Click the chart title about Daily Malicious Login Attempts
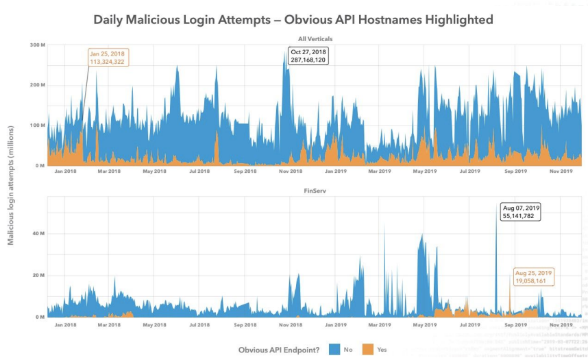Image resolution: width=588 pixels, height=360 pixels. [293, 20]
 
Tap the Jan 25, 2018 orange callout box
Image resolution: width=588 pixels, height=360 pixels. [108, 58]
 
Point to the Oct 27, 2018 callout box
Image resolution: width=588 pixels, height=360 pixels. [308, 56]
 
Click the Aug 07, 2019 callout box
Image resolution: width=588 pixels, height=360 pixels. [522, 211]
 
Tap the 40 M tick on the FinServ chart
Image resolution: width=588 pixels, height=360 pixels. [38, 234]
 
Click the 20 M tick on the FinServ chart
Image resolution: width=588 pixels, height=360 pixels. [38, 276]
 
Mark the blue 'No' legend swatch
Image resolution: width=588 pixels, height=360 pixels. [334, 349]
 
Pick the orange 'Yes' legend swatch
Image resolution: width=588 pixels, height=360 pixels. [367, 349]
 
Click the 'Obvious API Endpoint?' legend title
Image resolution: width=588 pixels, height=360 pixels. [280, 350]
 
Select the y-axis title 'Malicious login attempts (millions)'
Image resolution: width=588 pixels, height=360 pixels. [10, 185]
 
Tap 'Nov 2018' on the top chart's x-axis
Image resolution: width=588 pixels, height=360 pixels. [291, 171]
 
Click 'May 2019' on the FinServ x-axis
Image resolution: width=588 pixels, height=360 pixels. [425, 324]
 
